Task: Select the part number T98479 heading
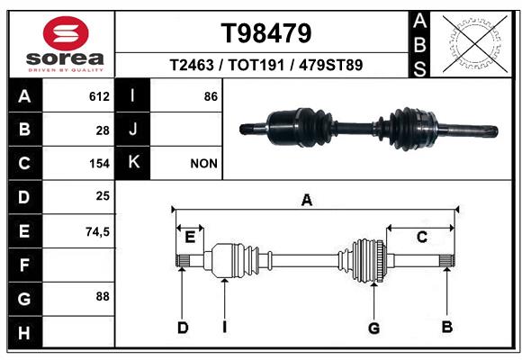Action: [266, 34]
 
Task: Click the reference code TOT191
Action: [266, 66]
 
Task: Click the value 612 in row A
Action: [99, 96]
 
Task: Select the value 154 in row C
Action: [99, 164]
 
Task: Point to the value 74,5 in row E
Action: [97, 231]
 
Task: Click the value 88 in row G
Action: [103, 296]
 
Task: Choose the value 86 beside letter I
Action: [211, 96]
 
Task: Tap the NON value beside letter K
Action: [204, 164]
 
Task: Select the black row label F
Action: [24, 265]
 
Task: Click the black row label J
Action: [132, 130]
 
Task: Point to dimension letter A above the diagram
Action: [307, 201]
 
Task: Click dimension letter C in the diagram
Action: [420, 237]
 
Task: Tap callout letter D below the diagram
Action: [183, 328]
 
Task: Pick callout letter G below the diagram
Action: [374, 328]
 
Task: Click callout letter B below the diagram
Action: [446, 327]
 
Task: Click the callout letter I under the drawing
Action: [225, 328]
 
